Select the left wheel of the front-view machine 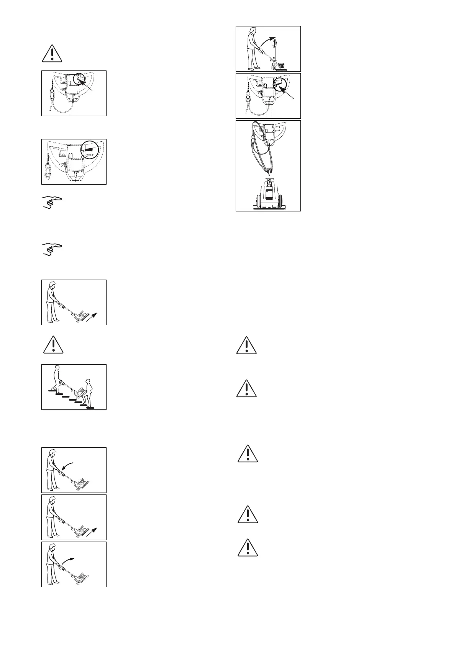256,201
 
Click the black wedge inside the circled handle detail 89,147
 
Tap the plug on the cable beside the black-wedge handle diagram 48,171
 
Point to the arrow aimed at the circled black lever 288,94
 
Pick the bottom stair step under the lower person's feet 90,408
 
